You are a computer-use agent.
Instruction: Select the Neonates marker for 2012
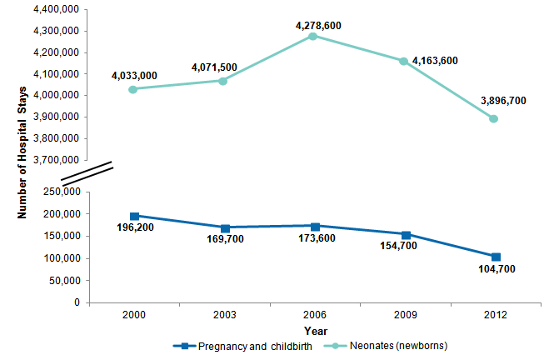coord(494,118)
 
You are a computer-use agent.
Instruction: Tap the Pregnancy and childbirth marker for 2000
coord(134,216)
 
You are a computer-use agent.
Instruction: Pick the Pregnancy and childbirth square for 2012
coord(496,257)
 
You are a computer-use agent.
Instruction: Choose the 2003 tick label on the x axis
coord(224,316)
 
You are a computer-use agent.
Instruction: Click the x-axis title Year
coord(315,329)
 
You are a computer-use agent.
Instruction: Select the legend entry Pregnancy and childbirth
coord(245,345)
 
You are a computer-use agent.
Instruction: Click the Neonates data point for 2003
coord(223,81)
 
